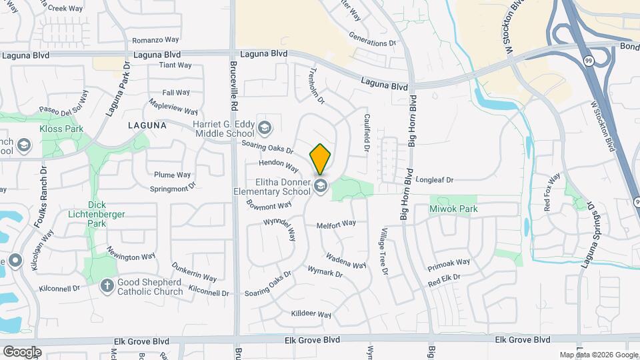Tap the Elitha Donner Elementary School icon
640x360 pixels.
pyautogui.click(x=321, y=186)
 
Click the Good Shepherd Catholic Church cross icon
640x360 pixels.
pyautogui.click(x=107, y=285)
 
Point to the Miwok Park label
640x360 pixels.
pyautogui.click(x=453, y=209)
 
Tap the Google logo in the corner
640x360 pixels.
pyautogui.click(x=22, y=351)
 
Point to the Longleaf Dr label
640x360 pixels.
pyautogui.click(x=434, y=180)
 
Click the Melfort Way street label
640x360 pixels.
pyautogui.click(x=336, y=224)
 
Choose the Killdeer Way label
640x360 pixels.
pyautogui.click(x=311, y=314)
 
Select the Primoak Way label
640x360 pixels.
pyautogui.click(x=449, y=265)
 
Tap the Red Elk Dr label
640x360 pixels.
pyautogui.click(x=444, y=281)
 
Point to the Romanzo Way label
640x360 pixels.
pyautogui.click(x=155, y=40)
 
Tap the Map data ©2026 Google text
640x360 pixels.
pyautogui.click(x=598, y=355)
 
